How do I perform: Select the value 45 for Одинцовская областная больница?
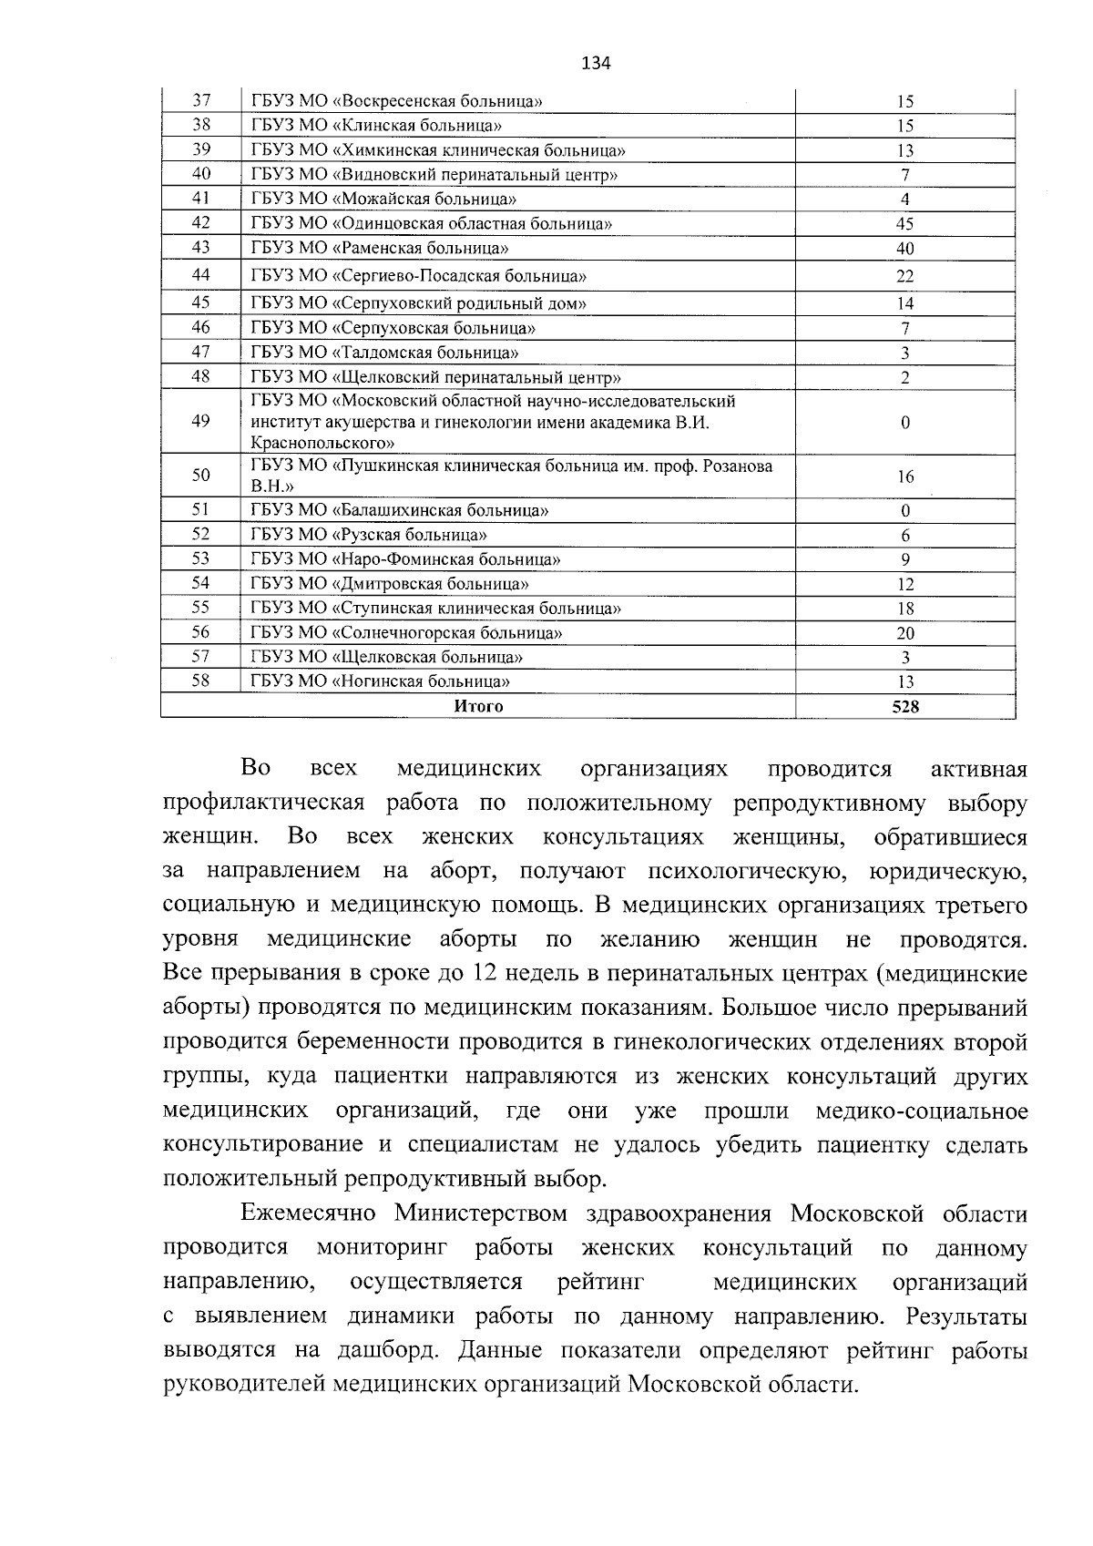click(x=904, y=224)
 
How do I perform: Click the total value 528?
click(x=904, y=706)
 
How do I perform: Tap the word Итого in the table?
click(x=478, y=706)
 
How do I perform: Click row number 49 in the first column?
click(x=201, y=421)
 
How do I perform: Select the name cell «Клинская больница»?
click(x=375, y=126)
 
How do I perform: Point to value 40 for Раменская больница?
click(x=904, y=249)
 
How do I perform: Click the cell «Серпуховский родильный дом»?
click(x=418, y=303)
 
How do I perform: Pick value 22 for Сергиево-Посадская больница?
click(x=904, y=276)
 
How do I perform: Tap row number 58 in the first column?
click(x=201, y=681)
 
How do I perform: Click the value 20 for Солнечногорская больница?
click(x=904, y=633)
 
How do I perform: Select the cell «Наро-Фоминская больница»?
click(x=405, y=559)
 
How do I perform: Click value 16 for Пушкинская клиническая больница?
click(x=904, y=476)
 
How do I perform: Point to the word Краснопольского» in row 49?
click(x=322, y=443)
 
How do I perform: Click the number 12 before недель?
click(x=483, y=974)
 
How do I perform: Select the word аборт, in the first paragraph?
click(x=462, y=871)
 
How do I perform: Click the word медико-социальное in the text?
click(x=922, y=1111)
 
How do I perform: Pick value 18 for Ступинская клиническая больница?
click(x=904, y=609)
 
